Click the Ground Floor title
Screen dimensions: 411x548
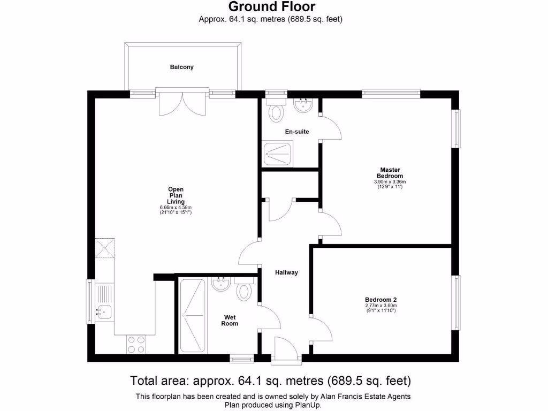pyautogui.click(x=272, y=7)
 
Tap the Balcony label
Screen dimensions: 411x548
pyautogui.click(x=181, y=67)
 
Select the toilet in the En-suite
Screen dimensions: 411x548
pyautogui.click(x=276, y=112)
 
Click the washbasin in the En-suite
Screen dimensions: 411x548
pyautogui.click(x=303, y=105)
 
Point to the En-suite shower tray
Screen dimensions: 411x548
pyautogui.click(x=277, y=154)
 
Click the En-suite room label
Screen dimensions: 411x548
pyautogui.click(x=296, y=132)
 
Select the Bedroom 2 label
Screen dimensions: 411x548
pyautogui.click(x=380, y=300)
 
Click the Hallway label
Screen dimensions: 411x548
pyautogui.click(x=286, y=272)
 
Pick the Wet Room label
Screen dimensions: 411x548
pyautogui.click(x=230, y=320)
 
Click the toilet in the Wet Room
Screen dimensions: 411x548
pyautogui.click(x=245, y=291)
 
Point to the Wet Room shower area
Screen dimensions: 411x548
pyautogui.click(x=192, y=316)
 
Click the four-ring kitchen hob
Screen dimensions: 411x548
pyautogui.click(x=136, y=344)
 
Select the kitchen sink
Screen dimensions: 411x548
pyautogui.click(x=104, y=310)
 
